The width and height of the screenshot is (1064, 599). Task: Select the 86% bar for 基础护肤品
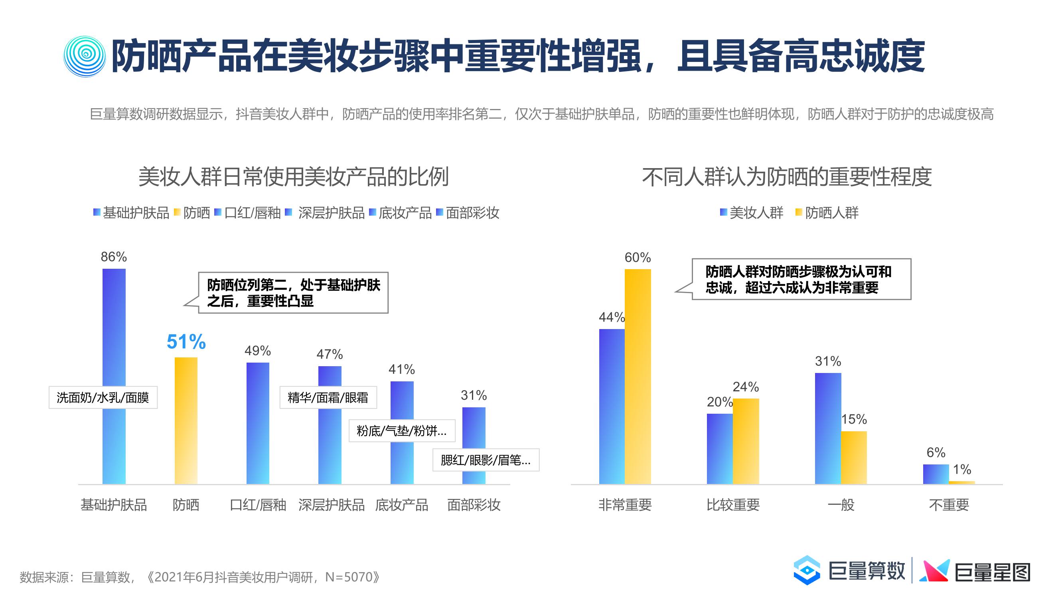[x=114, y=331]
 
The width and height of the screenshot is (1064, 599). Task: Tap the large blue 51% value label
[x=186, y=342]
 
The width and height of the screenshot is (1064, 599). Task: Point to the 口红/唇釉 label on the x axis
[x=258, y=505]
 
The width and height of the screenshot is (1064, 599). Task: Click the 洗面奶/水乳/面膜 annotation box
[x=103, y=398]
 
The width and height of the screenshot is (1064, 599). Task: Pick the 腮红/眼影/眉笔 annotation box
[x=486, y=460]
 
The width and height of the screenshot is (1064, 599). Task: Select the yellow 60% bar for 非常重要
[x=638, y=376]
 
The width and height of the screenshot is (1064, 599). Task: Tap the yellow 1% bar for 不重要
[x=961, y=482]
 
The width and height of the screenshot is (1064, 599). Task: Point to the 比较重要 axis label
[x=733, y=505]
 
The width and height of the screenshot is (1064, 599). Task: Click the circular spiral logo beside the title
[x=85, y=57]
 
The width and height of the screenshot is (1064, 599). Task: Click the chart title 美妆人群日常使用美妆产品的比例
[x=293, y=177]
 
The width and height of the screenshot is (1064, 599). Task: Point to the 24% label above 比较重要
[x=746, y=387]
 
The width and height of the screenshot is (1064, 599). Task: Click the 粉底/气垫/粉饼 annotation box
[x=401, y=431]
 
